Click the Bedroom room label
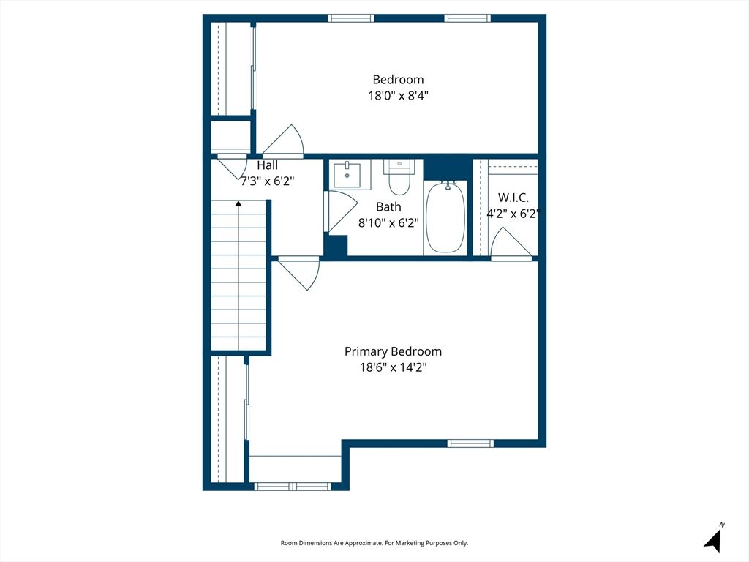(398, 79)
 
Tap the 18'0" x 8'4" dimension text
(398, 96)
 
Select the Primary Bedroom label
(393, 352)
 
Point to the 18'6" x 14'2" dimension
(393, 367)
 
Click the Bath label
(388, 207)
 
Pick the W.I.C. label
(513, 198)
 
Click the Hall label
(268, 165)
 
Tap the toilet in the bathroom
(399, 177)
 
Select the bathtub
(445, 218)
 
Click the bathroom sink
(347, 174)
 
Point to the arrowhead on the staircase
(238, 203)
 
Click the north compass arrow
(713, 539)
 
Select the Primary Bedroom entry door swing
(299, 274)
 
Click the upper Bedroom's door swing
(283, 141)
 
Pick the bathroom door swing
(341, 211)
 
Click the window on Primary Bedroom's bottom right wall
(470, 443)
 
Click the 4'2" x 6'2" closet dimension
(513, 214)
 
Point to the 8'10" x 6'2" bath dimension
(388, 222)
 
